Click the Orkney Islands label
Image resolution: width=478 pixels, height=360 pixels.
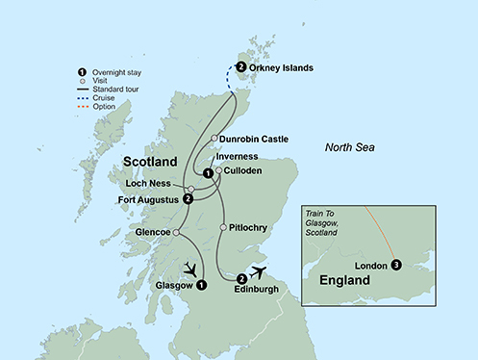[287, 67]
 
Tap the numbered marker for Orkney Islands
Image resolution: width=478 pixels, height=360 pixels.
[240, 67]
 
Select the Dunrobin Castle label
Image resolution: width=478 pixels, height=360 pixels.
[259, 138]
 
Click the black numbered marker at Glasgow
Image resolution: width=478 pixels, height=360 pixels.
[201, 285]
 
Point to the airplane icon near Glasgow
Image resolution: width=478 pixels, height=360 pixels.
[191, 269]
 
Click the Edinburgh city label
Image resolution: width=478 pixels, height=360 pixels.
[264, 290]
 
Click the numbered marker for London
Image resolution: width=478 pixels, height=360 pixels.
[396, 265]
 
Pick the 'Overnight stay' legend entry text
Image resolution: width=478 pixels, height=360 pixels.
[119, 73]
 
